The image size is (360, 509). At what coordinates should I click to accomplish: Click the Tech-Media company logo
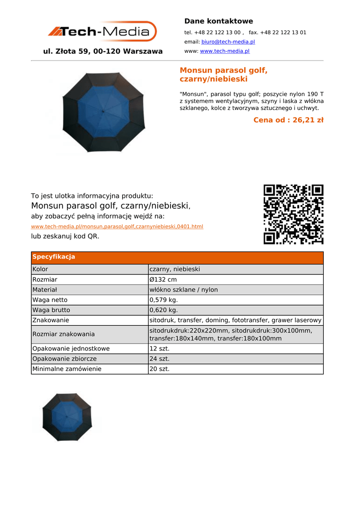pos(102,31)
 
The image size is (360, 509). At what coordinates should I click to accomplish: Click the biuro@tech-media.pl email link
pos(228,42)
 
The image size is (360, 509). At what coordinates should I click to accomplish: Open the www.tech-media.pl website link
pos(224,51)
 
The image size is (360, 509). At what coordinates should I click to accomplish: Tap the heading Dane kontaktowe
pos(218,21)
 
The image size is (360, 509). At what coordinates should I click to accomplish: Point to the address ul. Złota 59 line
pos(103,51)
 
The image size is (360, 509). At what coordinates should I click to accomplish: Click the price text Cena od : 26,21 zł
pos(288,120)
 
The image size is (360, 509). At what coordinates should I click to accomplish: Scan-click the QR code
pos(293,214)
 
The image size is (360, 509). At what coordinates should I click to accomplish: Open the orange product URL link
pos(117,227)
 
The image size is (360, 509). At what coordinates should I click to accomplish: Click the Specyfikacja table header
pos(54,257)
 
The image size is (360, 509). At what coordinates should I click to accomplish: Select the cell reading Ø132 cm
pos(163,279)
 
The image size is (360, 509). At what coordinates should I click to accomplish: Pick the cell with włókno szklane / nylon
pos(183,290)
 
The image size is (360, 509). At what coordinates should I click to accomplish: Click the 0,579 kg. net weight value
pos(164,300)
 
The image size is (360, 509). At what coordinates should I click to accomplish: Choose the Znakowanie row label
pos(51,320)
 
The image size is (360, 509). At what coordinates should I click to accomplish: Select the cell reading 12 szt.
pos(160,348)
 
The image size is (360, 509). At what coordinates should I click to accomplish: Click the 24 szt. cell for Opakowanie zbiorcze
pos(160,358)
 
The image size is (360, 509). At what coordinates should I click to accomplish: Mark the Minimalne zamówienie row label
pos(67,369)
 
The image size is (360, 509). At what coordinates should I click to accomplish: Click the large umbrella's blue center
pos(103,113)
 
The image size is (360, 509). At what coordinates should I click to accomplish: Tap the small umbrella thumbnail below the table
pos(67,417)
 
